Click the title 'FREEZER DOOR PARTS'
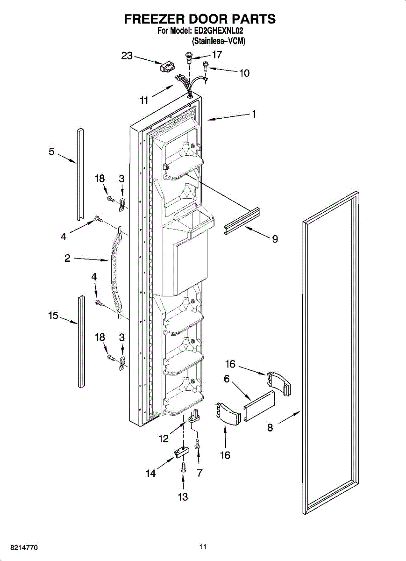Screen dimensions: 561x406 click(199, 19)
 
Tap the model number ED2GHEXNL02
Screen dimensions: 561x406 click(220, 31)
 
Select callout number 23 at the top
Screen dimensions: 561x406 click(127, 56)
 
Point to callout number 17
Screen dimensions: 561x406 click(217, 55)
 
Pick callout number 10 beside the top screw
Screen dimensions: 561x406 click(244, 73)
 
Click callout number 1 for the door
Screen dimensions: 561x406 click(254, 114)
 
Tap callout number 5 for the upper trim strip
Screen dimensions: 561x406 click(51, 151)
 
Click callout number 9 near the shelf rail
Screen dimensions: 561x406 click(275, 239)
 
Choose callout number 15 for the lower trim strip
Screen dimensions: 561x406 click(53, 316)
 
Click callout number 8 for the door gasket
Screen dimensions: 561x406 click(270, 427)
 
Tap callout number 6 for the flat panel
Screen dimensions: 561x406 click(227, 379)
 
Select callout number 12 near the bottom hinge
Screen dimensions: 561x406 click(164, 439)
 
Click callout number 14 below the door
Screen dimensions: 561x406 click(150, 473)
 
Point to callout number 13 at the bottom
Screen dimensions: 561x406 click(183, 497)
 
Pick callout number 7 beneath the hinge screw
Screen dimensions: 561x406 click(199, 473)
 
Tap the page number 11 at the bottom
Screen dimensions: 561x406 click(203, 547)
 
